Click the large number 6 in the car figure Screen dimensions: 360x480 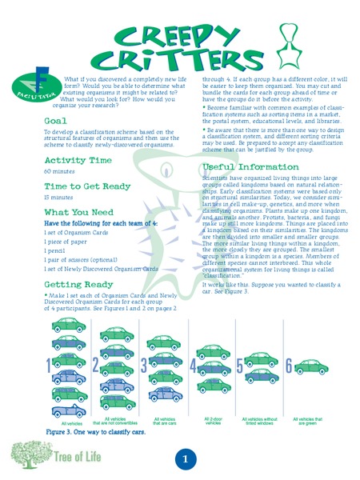coord(290,366)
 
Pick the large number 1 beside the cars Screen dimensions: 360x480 coord(49,366)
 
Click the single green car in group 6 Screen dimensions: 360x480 coord(313,366)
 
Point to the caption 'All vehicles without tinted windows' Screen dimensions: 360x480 coord(261,420)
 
